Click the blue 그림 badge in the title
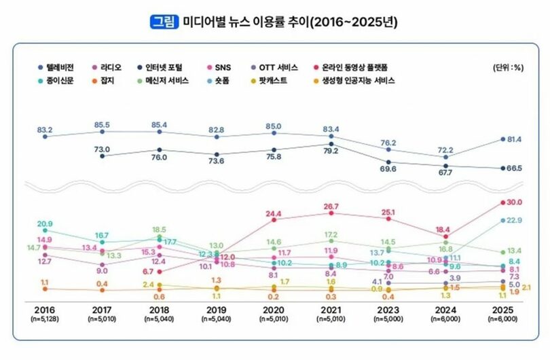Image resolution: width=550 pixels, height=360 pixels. (164, 22)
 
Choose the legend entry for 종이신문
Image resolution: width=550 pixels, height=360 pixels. (60, 80)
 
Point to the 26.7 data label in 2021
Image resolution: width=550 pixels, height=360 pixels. (331, 205)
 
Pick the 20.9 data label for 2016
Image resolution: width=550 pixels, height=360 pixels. (45, 223)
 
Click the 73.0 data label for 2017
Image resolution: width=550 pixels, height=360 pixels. (103, 149)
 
